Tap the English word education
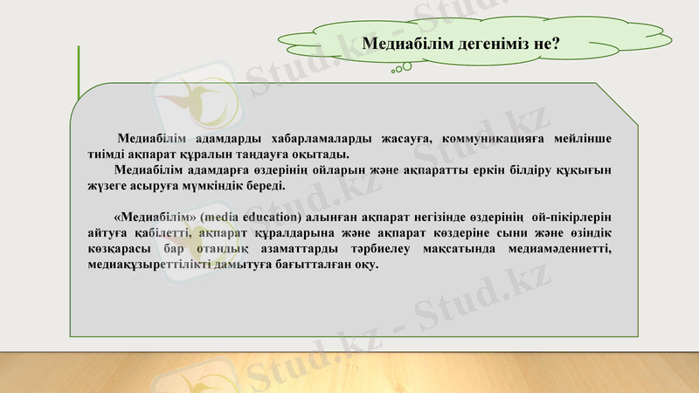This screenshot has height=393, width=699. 273,217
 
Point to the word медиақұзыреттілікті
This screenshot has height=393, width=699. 152,265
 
